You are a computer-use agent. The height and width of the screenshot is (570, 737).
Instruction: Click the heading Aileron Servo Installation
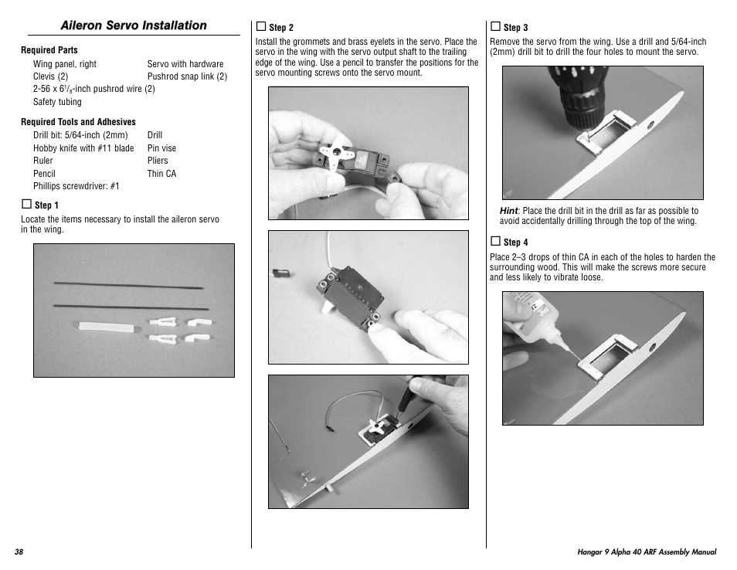(x=134, y=25)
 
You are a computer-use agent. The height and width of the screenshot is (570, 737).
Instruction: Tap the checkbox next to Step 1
(x=26, y=205)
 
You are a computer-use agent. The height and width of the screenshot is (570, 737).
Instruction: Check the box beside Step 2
(x=261, y=27)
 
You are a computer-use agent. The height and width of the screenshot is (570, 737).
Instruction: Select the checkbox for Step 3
(x=495, y=27)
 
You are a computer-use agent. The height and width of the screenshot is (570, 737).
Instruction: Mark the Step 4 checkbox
(x=495, y=242)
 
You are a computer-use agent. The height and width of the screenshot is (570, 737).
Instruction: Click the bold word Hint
(x=508, y=211)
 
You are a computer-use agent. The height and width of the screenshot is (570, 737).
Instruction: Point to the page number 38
(x=19, y=552)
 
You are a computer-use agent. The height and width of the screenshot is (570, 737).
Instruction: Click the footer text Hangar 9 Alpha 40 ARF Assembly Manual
(x=647, y=552)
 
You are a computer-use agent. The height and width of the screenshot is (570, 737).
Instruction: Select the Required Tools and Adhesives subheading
(x=78, y=122)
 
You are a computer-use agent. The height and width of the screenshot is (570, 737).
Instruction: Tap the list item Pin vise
(x=161, y=148)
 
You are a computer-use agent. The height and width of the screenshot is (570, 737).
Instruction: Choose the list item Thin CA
(x=161, y=174)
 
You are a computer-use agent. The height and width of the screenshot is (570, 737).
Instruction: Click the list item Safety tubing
(x=57, y=102)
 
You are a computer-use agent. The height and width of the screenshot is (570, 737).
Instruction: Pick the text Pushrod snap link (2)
(x=187, y=76)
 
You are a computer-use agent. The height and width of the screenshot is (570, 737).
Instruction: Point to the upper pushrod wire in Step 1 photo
(x=131, y=286)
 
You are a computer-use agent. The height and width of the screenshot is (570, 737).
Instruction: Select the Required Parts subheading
(x=49, y=50)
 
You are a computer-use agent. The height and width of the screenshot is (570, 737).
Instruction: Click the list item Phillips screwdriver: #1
(x=76, y=186)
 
